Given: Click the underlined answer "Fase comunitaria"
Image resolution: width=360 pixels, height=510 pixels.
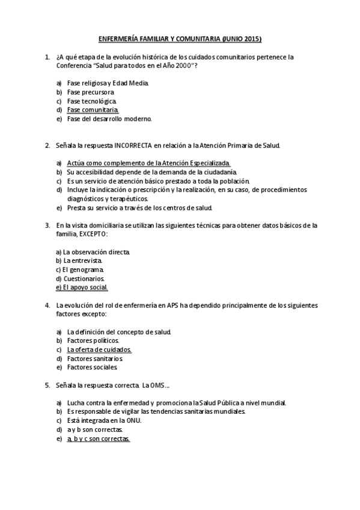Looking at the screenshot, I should pyautogui.click(x=93, y=110).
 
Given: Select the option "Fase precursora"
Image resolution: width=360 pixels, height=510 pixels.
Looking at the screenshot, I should pyautogui.click(x=90, y=92).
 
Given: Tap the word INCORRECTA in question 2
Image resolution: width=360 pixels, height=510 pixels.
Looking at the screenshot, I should pyautogui.click(x=133, y=146).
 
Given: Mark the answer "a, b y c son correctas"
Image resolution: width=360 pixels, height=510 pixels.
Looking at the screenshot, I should pyautogui.click(x=98, y=439).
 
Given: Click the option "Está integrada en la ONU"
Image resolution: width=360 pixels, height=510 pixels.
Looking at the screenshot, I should pyautogui.click(x=103, y=421).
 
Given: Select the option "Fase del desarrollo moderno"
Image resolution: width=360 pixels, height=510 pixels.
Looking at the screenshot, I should pyautogui.click(x=109, y=119).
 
